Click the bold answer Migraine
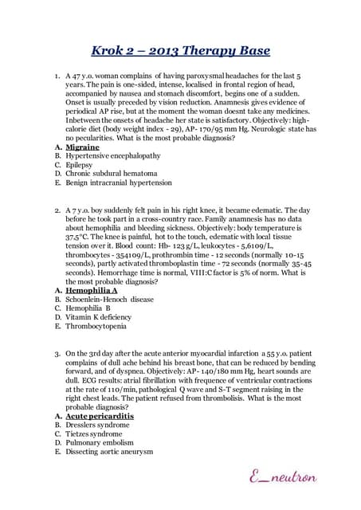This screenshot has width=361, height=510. coord(83,147)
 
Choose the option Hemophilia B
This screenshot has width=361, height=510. coord(92,309)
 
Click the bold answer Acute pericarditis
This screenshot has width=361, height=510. coord(100,416)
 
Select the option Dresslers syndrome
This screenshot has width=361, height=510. coord(99,425)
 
